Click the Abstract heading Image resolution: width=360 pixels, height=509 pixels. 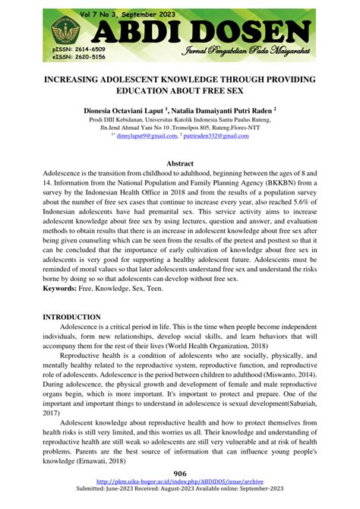(x=179, y=163)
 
